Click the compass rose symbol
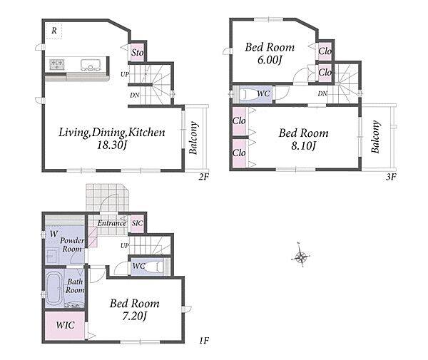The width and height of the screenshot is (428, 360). tap(300, 257)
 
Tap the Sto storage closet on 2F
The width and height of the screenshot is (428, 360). tap(137, 52)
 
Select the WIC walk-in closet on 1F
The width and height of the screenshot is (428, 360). tap(65, 325)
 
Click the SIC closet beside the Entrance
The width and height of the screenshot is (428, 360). tap(137, 223)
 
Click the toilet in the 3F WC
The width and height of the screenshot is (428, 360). tap(251, 94)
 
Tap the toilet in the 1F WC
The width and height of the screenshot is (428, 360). tap(154, 266)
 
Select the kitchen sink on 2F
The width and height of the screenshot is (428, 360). tap(91, 64)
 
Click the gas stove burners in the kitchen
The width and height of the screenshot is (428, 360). tap(57, 64)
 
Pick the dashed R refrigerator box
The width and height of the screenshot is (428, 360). tap(53, 31)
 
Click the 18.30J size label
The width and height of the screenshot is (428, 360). tap(112, 145)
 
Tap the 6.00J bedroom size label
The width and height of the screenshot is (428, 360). tap(270, 60)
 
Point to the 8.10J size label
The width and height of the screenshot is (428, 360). tap(304, 145)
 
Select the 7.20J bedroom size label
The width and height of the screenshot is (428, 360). tap(134, 316)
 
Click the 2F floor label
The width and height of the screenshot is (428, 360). tap(203, 177)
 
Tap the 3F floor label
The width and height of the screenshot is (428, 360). tap(391, 177)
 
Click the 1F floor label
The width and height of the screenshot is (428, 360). tap(204, 340)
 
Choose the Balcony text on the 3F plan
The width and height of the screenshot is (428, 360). tap(376, 137)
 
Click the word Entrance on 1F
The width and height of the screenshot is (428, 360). tap(112, 223)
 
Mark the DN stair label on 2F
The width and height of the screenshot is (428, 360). tap(135, 96)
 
